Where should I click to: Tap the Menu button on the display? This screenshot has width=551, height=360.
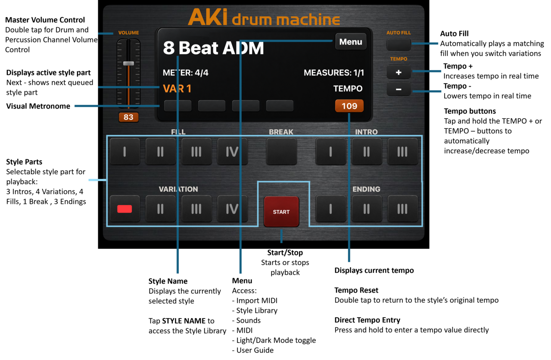[351, 42]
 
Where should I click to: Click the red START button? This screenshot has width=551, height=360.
[281, 212]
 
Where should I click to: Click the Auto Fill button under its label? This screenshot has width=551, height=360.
[398, 44]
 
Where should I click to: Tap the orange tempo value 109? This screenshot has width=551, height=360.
[349, 106]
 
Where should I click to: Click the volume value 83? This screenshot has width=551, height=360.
[128, 117]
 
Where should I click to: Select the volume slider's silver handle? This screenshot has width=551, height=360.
[128, 63]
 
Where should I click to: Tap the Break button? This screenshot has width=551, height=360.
[281, 151]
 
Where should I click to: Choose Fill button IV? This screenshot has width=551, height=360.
[232, 151]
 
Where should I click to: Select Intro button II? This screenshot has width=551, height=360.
[367, 151]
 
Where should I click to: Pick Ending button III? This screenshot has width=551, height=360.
[402, 209]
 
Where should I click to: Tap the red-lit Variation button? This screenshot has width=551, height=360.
[125, 209]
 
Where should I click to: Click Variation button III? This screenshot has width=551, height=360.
[196, 209]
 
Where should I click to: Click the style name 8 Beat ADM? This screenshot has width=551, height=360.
[213, 48]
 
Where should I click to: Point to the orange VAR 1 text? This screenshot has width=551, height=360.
[177, 89]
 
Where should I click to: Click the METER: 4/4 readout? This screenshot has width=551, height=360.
[186, 72]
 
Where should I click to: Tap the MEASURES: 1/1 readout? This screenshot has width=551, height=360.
[333, 72]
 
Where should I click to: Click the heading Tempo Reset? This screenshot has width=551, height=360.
[356, 290]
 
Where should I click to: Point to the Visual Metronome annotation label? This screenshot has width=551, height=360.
[38, 106]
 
